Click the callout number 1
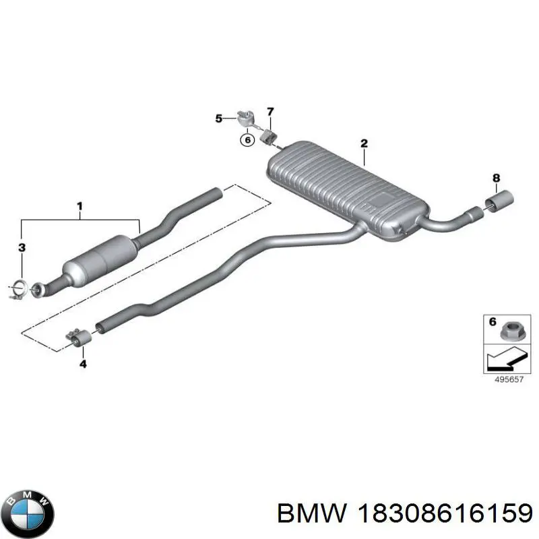pyautogui.click(x=80, y=207)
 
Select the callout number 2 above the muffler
pyautogui.click(x=364, y=144)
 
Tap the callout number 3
pyautogui.click(x=22, y=247)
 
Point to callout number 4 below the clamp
pyautogui.click(x=83, y=364)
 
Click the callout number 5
pyautogui.click(x=218, y=119)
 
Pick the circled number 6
pyautogui.click(x=247, y=140)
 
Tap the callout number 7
pyautogui.click(x=270, y=112)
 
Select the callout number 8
pyautogui.click(x=496, y=178)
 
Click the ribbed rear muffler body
pyautogui.click(x=347, y=190)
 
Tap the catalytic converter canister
pyautogui.click(x=100, y=259)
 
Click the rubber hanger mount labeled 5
pyautogui.click(x=246, y=119)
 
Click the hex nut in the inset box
pyautogui.click(x=512, y=331)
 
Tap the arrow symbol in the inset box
pyautogui.click(x=507, y=358)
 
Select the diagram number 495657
pyautogui.click(x=509, y=379)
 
